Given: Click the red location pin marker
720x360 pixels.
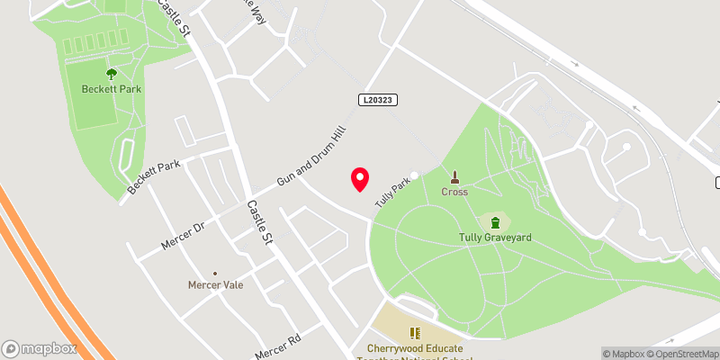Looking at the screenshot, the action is click(x=359, y=179).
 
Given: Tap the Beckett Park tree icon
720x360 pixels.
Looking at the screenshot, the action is click(x=112, y=74).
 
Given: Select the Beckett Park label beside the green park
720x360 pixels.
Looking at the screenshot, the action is click(x=112, y=89).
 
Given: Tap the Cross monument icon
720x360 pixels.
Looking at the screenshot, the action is click(x=454, y=176).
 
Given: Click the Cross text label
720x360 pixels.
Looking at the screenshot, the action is click(x=454, y=192).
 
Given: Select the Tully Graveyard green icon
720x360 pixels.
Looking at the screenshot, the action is click(x=494, y=221).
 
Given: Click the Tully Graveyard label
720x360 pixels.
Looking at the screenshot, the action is click(x=494, y=238).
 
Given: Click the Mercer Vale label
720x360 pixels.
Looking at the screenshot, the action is click(x=215, y=285).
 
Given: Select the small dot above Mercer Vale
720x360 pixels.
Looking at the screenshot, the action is click(x=215, y=273).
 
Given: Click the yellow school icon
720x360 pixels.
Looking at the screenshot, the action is click(x=416, y=333).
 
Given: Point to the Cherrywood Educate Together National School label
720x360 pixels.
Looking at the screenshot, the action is click(x=415, y=351).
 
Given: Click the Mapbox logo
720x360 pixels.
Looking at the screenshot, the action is click(x=38, y=348).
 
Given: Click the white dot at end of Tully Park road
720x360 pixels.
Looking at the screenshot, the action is click(x=415, y=175).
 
